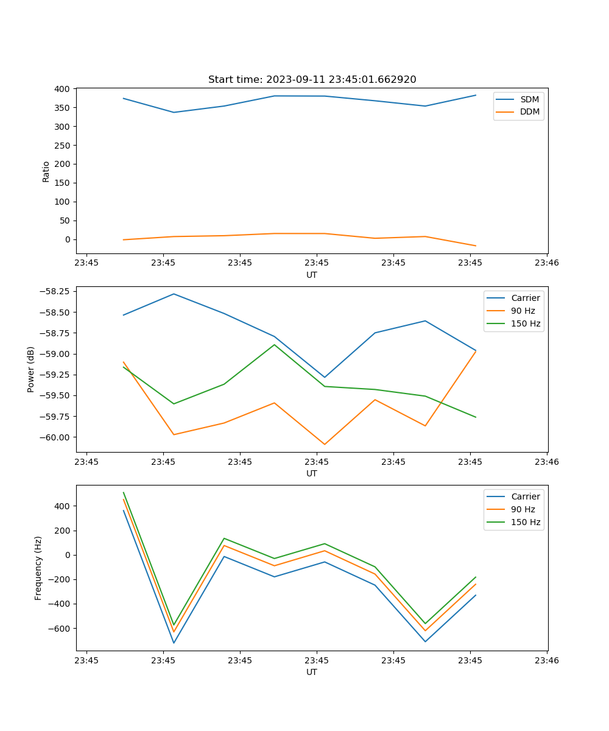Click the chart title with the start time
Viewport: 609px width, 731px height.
tap(312, 80)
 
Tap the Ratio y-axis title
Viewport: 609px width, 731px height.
tap(46, 171)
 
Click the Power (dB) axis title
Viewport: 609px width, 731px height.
tap(31, 369)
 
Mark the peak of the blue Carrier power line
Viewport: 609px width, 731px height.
tap(174, 294)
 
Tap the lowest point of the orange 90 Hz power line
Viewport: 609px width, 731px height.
tap(325, 444)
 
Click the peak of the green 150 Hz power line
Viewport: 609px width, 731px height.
tap(274, 345)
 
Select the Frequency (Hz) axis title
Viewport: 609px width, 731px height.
tap(38, 568)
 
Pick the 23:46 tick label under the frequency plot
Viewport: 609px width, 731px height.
tap(546, 660)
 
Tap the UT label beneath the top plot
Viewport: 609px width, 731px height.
tap(312, 275)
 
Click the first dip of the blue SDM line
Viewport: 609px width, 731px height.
tap(174, 112)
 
